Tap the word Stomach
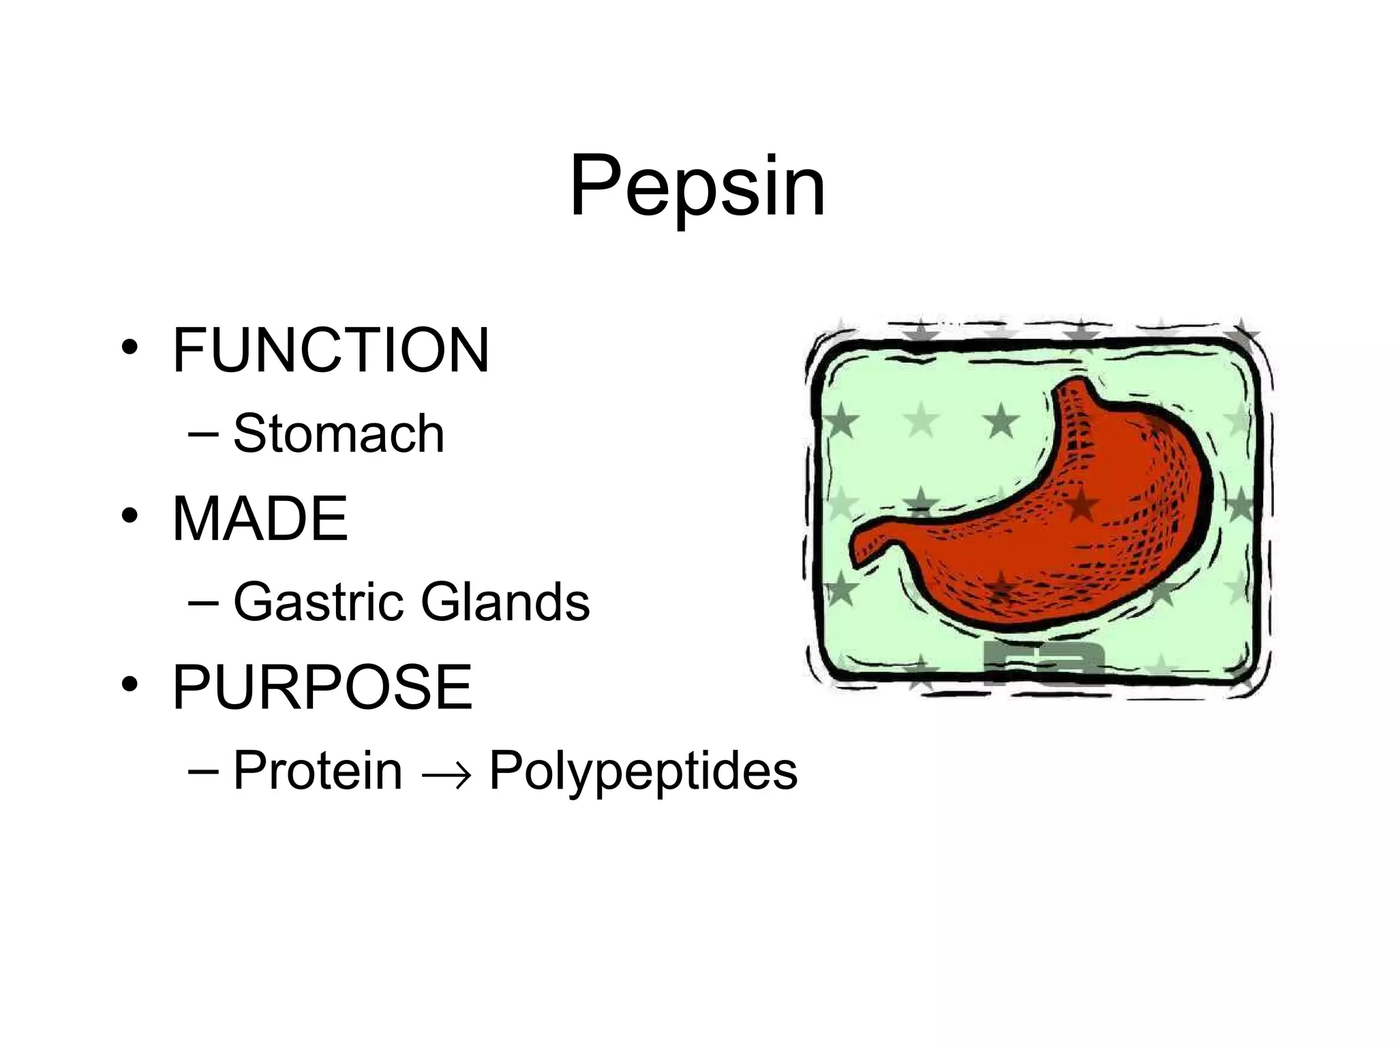[x=339, y=434]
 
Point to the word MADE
[x=260, y=519]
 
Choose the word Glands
[x=505, y=603]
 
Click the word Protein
[x=318, y=771]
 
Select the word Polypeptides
[x=643, y=771]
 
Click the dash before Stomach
[x=203, y=434]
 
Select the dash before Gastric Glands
[x=203, y=603]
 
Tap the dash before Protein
[x=203, y=771]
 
